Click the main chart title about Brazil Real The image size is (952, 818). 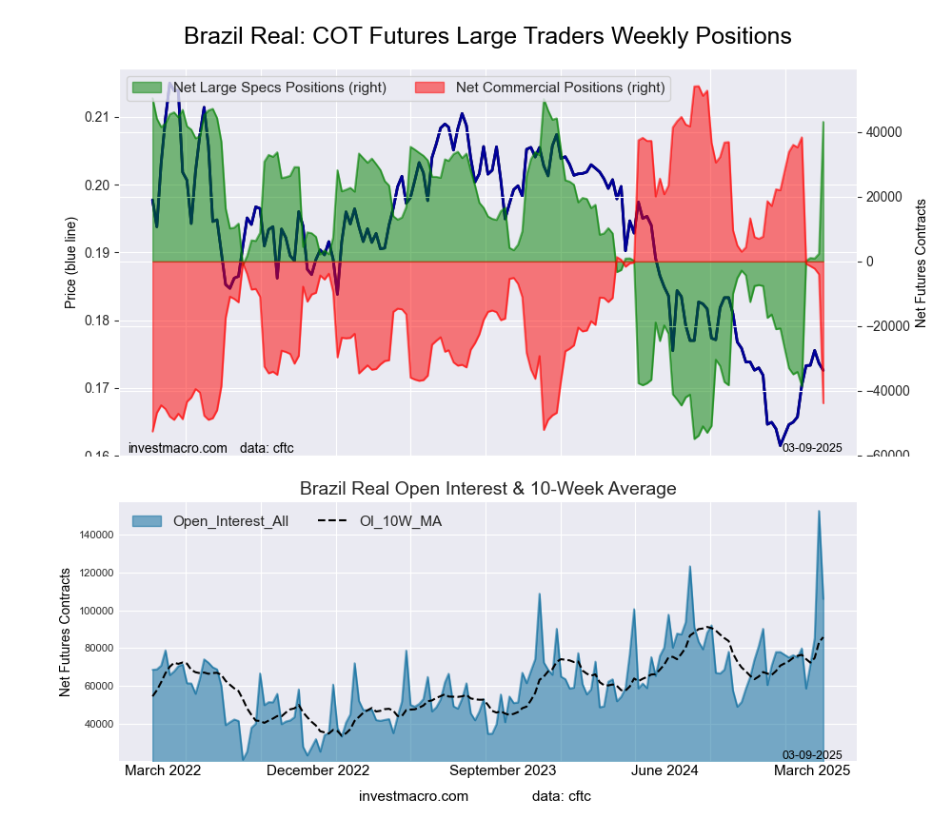[487, 36]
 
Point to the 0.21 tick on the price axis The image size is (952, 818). [97, 117]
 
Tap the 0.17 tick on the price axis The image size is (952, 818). [97, 388]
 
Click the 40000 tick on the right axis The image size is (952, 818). [883, 132]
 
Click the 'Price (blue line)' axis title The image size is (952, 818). [70, 262]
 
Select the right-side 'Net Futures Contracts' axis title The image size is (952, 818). [921, 263]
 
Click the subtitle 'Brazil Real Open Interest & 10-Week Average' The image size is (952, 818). [487, 489]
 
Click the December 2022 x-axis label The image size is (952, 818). [317, 770]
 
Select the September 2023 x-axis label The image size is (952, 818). [502, 770]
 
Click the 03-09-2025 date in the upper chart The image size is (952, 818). [812, 448]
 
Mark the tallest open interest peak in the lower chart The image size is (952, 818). [819, 512]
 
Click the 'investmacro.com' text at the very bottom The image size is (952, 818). [413, 795]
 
